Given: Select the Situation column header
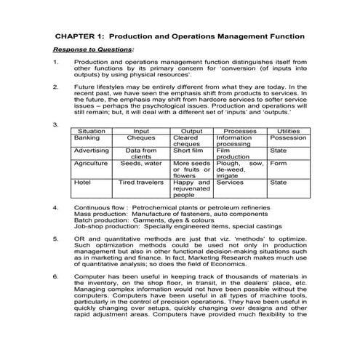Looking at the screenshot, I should pos(91,131).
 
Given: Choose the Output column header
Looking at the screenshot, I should pos(191,131).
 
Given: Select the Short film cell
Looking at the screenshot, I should pos(189,151).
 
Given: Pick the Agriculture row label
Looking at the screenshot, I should pos(91,164).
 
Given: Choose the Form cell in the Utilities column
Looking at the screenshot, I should pos(279,164).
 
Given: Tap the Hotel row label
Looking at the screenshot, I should pos(82,183).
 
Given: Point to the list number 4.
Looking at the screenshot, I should pos(56,207).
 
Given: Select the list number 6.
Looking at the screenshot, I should pos(56,276).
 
